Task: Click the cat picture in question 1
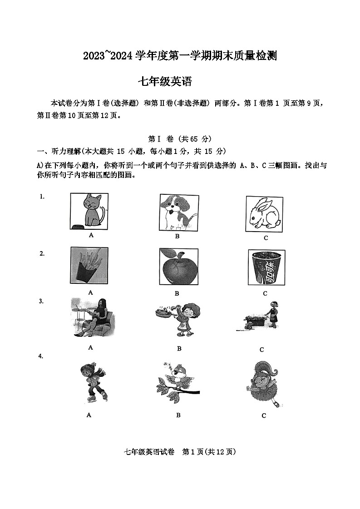(89, 211)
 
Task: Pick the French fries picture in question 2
(89, 265)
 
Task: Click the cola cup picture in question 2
(266, 267)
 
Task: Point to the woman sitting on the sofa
(92, 318)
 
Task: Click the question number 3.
(41, 301)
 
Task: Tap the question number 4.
(41, 356)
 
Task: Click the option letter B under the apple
(177, 293)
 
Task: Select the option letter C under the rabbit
(266, 238)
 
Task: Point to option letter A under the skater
(89, 415)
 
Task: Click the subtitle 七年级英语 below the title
(165, 82)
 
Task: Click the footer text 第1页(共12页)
(209, 452)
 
